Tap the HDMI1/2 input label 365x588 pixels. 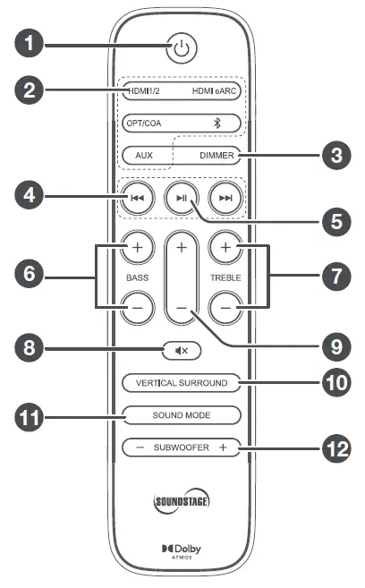click(x=148, y=90)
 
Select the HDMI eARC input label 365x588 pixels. click(x=215, y=90)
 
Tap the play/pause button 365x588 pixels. click(x=182, y=199)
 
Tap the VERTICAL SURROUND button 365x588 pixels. click(x=182, y=383)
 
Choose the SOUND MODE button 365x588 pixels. click(x=182, y=415)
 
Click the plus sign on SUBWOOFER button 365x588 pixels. click(x=223, y=447)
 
